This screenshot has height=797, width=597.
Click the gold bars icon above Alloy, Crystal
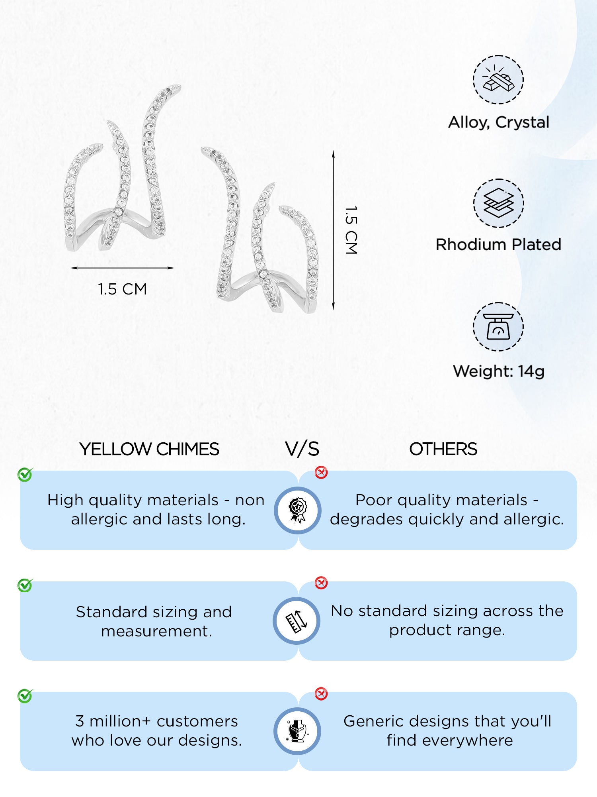tap(498, 80)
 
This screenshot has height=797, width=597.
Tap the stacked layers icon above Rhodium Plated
tap(498, 203)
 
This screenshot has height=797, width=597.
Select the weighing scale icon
tap(498, 326)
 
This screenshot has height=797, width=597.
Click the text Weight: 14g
tap(498, 371)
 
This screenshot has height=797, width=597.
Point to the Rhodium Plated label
tap(498, 245)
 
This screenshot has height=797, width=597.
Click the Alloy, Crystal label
tap(498, 122)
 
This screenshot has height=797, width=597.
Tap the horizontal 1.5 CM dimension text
tap(123, 289)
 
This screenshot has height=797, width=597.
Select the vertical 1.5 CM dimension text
tap(351, 230)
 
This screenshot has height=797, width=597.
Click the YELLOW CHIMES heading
tap(149, 449)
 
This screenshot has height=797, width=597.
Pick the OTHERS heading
tap(443, 449)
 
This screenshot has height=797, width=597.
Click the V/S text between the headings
tap(302, 449)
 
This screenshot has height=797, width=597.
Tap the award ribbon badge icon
tap(298, 510)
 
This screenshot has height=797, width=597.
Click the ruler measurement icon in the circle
tap(297, 621)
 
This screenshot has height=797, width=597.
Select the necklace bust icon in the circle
tap(297, 731)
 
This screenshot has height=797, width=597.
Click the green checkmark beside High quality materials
tap(25, 475)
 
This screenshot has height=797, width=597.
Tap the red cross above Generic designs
tap(321, 694)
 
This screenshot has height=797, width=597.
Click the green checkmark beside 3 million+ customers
tap(25, 696)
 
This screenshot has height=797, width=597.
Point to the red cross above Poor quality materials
tap(321, 473)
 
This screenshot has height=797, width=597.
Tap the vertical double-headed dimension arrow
tap(334, 230)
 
